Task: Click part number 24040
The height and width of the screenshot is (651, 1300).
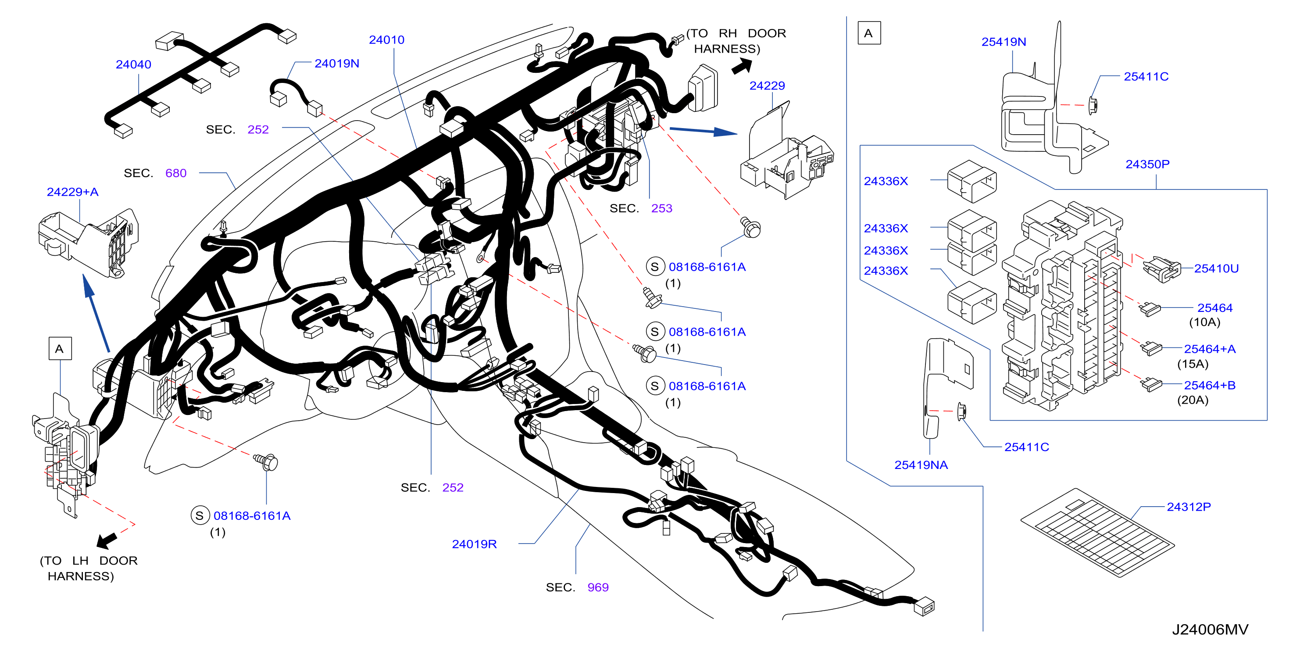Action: pyautogui.click(x=133, y=64)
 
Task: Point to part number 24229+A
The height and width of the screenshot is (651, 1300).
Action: pyautogui.click(x=73, y=192)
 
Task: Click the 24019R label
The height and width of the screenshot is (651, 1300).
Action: pyautogui.click(x=475, y=544)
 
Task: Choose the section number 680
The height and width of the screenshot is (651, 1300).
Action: pyautogui.click(x=176, y=173)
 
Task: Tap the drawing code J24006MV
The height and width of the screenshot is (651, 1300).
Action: pyautogui.click(x=1210, y=630)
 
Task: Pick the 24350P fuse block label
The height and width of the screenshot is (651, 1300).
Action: pyautogui.click(x=1148, y=165)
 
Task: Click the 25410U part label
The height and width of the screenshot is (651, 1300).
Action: pyautogui.click(x=1216, y=269)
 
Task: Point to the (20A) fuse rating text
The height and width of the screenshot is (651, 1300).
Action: pyautogui.click(x=1193, y=400)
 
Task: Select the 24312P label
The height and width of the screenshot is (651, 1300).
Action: pyautogui.click(x=1189, y=507)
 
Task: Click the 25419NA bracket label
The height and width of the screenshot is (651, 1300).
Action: pyautogui.click(x=921, y=465)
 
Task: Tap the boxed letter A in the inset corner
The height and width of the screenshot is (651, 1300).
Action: pyautogui.click(x=869, y=33)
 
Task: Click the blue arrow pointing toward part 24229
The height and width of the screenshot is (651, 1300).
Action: pyautogui.click(x=704, y=131)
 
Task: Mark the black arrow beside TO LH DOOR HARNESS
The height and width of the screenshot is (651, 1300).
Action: pyautogui.click(x=107, y=540)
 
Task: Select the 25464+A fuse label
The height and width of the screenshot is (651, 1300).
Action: pyautogui.click(x=1210, y=349)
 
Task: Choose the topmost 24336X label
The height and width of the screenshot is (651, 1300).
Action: pyautogui.click(x=886, y=181)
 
